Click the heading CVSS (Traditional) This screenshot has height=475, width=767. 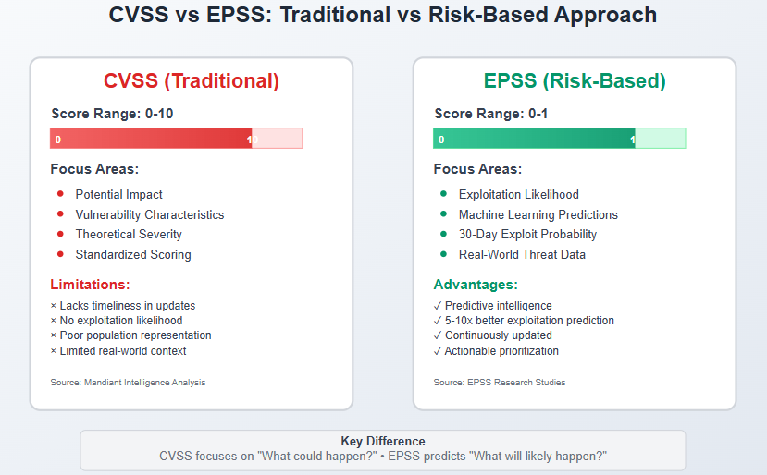point(192,81)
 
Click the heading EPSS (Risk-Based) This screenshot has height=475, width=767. point(575,81)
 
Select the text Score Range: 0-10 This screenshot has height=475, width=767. point(112,114)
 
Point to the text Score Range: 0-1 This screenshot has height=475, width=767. point(490,114)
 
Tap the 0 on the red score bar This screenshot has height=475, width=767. point(57,140)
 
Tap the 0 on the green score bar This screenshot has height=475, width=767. point(441,140)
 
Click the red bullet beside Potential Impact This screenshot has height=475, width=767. point(60,194)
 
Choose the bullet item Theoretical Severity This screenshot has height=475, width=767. point(129,235)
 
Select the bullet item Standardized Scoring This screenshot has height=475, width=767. point(133,255)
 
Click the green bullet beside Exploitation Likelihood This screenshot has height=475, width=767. point(444,194)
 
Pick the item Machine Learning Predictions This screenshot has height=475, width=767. point(538,215)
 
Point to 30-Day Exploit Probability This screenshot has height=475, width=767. point(527,235)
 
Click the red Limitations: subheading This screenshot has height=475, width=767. point(90,285)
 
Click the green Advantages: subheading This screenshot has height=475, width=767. point(476,285)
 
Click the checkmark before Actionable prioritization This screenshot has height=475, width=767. point(438,351)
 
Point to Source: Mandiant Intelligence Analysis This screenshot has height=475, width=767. point(128,383)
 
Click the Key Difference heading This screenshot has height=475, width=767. point(383,442)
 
